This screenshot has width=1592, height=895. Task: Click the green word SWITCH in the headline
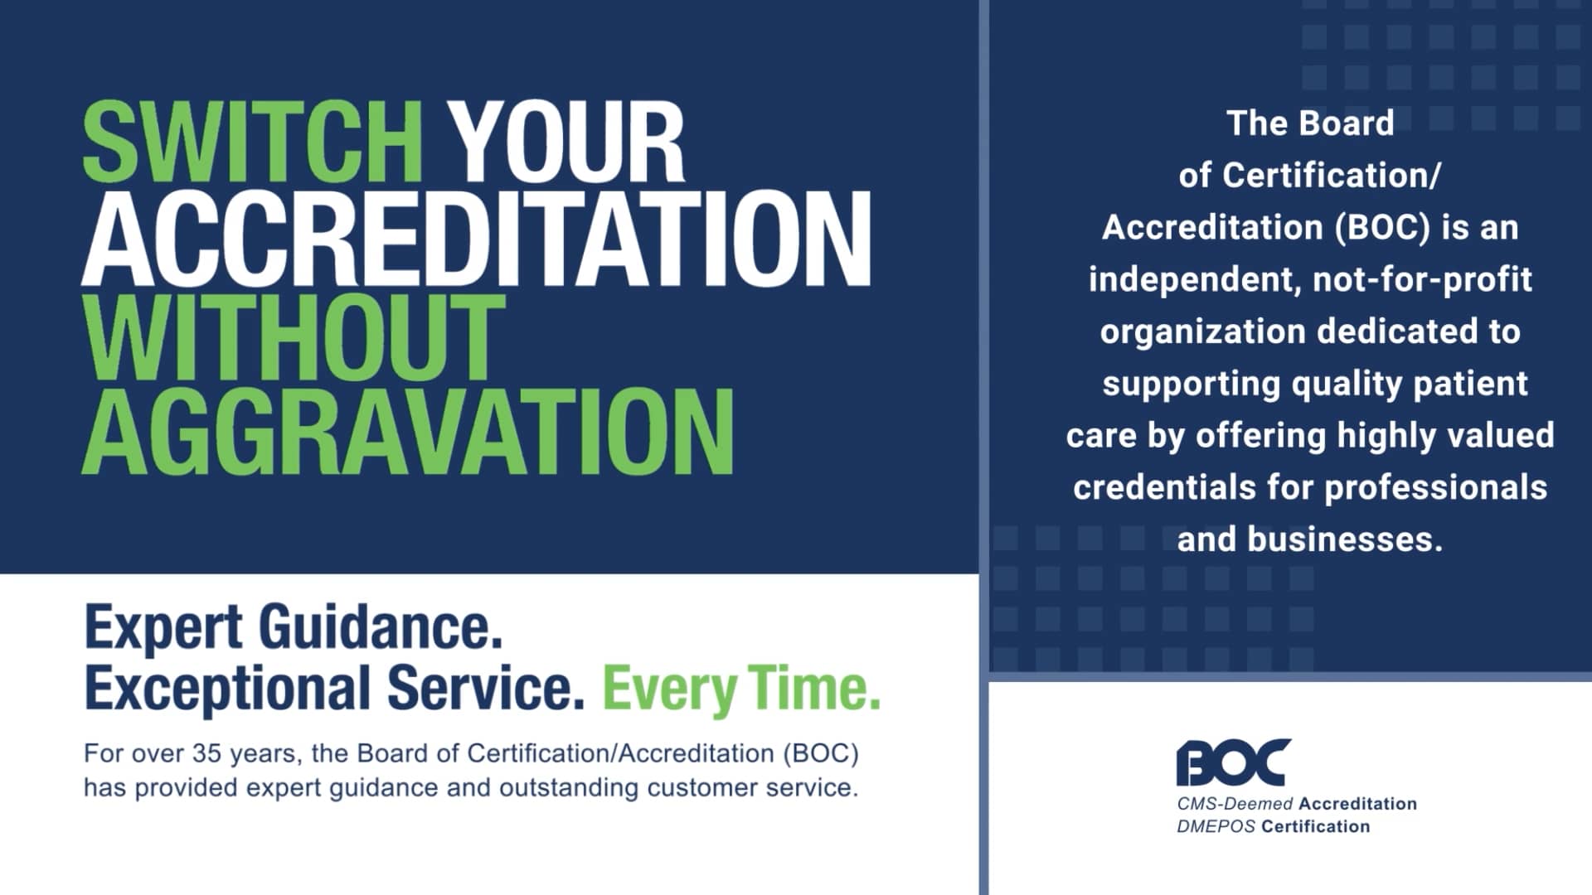coord(252,143)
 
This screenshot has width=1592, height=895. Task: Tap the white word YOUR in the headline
coord(567,143)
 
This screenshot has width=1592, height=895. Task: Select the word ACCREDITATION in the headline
coord(476,240)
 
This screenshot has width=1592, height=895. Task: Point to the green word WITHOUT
coord(294,338)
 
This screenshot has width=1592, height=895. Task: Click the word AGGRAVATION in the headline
coord(407,433)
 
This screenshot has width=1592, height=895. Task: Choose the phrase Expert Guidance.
coord(294,628)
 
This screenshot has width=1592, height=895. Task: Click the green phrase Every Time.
coord(740,689)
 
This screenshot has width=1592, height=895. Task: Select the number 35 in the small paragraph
coord(206,753)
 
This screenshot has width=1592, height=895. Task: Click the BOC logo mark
coord(1233,762)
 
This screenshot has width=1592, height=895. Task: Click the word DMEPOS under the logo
coord(1216,826)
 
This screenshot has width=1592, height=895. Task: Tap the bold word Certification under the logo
coord(1316,826)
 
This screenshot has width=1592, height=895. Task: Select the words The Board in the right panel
coord(1310,123)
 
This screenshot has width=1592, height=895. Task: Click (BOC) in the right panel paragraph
coord(1383,228)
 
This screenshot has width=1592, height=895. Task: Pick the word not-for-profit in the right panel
coord(1422,280)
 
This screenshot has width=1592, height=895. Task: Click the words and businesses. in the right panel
coord(1310,539)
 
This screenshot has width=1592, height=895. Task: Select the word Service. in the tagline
coord(486,689)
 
